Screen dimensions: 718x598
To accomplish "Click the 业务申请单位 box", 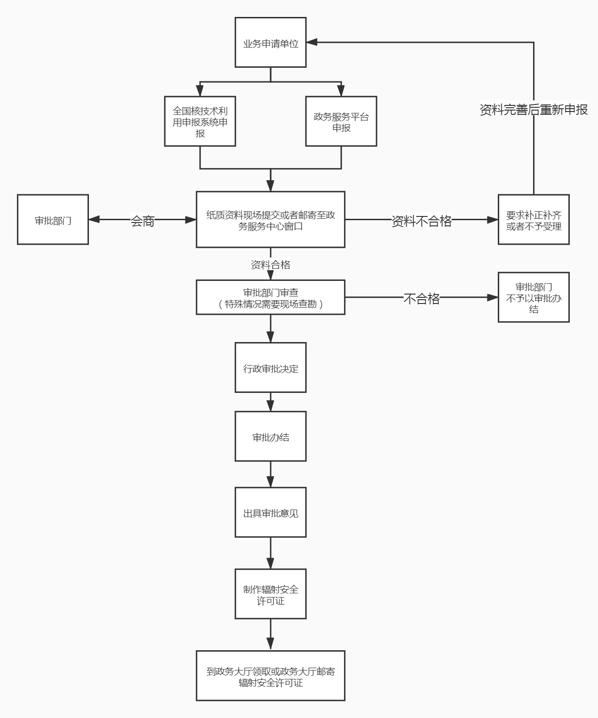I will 271,42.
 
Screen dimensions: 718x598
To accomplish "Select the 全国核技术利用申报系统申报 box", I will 200,121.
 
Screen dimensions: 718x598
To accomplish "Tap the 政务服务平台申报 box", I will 341,121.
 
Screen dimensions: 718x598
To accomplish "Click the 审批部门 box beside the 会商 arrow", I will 53,220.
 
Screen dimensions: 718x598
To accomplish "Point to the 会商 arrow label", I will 143,221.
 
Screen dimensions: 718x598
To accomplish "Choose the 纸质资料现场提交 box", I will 271,219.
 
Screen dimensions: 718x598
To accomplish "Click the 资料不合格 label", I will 422,221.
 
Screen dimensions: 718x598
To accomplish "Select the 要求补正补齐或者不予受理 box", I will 534,220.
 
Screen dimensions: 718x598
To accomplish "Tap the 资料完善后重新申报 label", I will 534,110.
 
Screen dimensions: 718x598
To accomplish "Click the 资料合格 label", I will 271,264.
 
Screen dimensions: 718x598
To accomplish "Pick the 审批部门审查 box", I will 271,297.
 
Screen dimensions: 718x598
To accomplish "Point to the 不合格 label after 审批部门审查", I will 422,298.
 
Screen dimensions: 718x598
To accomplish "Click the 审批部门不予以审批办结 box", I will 534,297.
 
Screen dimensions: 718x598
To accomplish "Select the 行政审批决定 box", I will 271,367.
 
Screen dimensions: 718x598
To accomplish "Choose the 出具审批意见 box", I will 271,512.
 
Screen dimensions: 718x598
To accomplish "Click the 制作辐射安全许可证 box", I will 271,594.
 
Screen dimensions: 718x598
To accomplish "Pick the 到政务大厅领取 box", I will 271,676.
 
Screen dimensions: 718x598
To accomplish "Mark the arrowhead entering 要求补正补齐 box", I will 493,220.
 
